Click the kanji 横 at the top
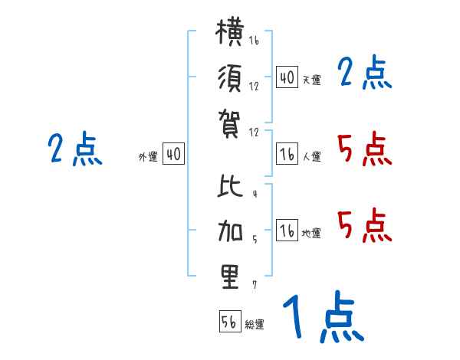tap(230, 32)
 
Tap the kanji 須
tap(230, 78)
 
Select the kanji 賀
tap(229, 124)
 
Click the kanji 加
tap(230, 231)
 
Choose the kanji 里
tap(230, 277)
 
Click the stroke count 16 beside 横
tap(254, 40)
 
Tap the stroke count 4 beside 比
tap(255, 194)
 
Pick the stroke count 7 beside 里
tap(255, 285)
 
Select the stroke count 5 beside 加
tap(255, 239)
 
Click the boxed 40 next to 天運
tap(287, 77)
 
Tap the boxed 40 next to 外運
tap(173, 153)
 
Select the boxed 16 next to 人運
tap(287, 153)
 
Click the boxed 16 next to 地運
tap(287, 230)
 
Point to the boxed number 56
tap(230, 321)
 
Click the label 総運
tap(255, 325)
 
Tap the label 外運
tap(148, 157)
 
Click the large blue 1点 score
tap(324, 316)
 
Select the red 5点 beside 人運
tap(365, 149)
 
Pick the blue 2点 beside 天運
tap(365, 72)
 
